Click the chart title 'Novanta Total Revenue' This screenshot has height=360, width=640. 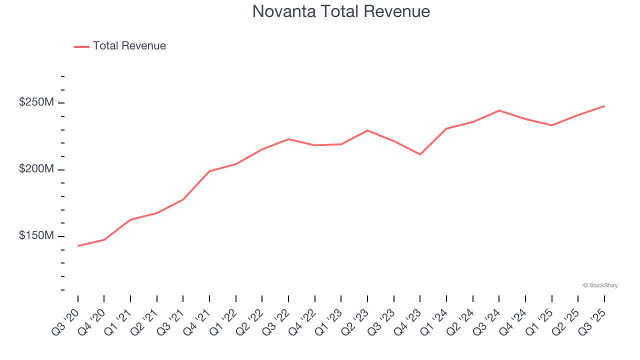tap(341, 11)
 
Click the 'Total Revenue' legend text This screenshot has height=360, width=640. tap(129, 46)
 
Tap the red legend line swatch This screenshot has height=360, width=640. tap(81, 46)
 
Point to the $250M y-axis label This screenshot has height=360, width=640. tap(36, 102)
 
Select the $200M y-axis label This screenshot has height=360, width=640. tap(36, 169)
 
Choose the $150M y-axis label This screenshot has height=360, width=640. tap(36, 235)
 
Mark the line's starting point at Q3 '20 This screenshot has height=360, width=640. tap(78, 245)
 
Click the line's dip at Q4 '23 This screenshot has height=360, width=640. tap(420, 154)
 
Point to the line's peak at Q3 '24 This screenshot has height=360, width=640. tap(499, 110)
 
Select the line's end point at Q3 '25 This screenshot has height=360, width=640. tap(604, 106)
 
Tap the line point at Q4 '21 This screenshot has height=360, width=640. tap(209, 171)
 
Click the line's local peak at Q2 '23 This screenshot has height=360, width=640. tap(367, 130)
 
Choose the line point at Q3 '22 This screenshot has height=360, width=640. tap(288, 139)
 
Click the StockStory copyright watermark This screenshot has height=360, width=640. tap(600, 285)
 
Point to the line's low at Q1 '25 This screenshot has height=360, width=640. tap(551, 125)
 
